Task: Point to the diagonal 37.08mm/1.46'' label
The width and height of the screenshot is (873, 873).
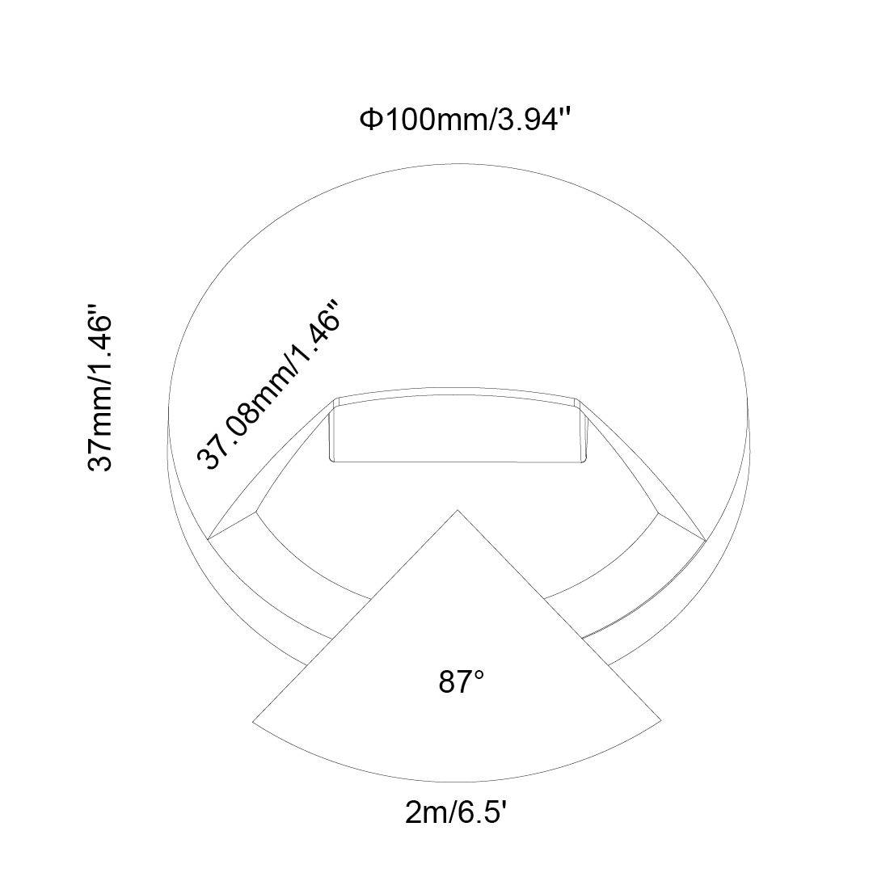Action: [x=268, y=384]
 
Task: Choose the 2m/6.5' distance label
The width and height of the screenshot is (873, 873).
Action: [x=455, y=814]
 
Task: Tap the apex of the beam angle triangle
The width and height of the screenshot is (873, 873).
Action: [x=458, y=510]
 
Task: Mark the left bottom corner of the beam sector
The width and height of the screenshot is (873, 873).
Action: [x=253, y=722]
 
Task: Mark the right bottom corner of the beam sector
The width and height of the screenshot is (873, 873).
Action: [x=661, y=721]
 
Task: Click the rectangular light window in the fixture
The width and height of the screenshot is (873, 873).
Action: [x=457, y=430]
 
